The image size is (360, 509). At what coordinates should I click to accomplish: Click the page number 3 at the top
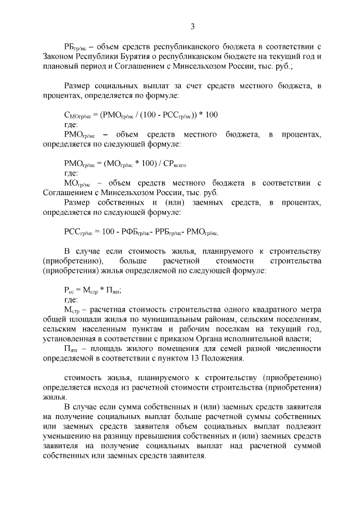tap(192, 26)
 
